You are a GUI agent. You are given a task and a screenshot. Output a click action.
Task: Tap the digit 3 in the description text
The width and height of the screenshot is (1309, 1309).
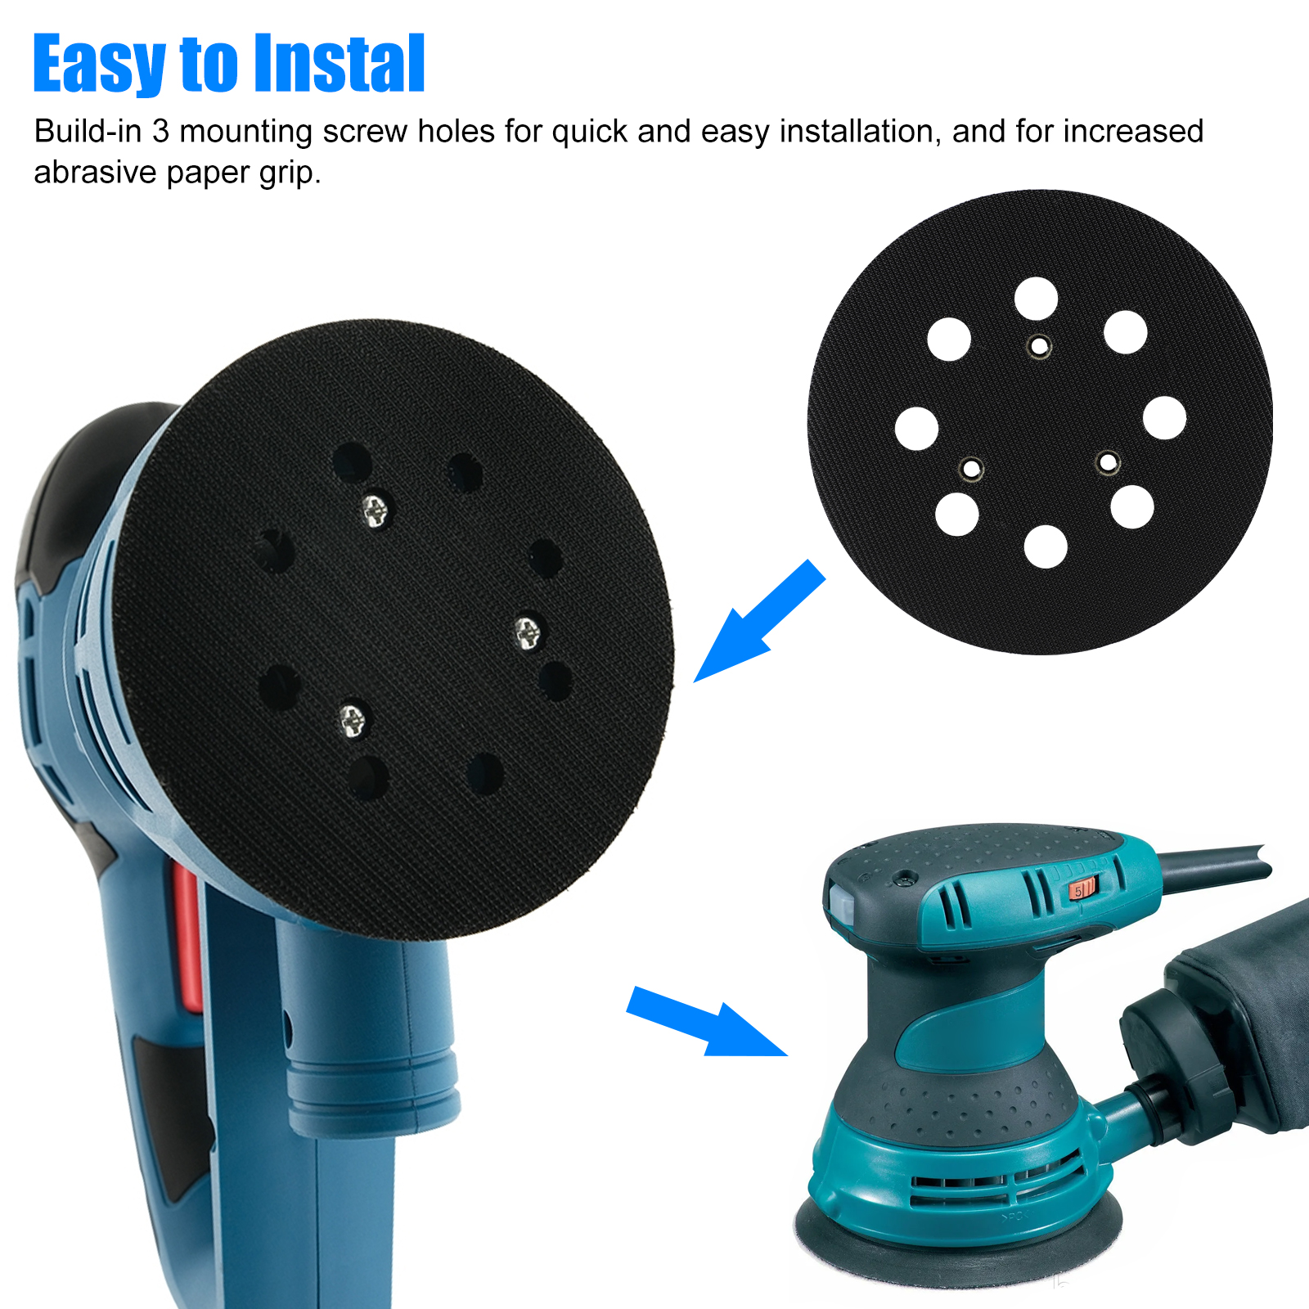point(160,132)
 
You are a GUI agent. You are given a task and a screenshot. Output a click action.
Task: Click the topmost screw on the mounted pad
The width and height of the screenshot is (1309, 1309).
point(376,511)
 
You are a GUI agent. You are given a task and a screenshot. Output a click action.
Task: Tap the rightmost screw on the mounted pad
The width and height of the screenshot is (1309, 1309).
point(527,632)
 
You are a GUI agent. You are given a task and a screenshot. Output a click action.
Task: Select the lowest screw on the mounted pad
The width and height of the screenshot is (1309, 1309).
point(353,721)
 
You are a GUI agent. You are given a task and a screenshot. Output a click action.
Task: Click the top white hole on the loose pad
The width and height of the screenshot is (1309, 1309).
point(1036,299)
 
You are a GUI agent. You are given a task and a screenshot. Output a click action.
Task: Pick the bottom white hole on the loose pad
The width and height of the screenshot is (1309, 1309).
point(1046,547)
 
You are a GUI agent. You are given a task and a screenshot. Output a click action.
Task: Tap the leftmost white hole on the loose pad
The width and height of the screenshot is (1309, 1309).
point(916,428)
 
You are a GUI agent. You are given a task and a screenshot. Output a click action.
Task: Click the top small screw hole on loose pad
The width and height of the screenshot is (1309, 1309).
point(1039,347)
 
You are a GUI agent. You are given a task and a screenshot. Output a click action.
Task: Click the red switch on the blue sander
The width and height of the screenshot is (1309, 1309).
point(187,941)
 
